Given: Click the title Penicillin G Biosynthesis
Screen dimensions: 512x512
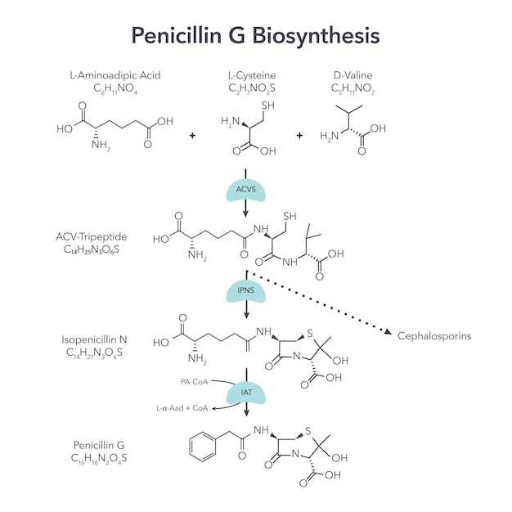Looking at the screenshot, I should [255, 36].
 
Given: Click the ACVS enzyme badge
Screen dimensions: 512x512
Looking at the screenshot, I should [245, 189].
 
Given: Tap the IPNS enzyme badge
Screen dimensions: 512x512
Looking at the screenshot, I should [245, 292].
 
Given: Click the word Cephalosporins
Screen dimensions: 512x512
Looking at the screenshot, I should [433, 336].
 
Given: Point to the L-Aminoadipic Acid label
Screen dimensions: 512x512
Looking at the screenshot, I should [115, 75].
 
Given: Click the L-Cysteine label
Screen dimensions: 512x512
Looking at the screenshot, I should [252, 75].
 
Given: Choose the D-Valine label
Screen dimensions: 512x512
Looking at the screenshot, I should [353, 75].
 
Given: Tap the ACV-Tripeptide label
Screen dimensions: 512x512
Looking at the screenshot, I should [90, 236].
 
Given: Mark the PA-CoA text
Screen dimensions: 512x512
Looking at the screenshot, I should [195, 381].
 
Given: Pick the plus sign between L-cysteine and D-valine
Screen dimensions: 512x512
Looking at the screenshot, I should [299, 134].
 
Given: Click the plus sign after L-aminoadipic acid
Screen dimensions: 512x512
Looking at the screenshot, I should [192, 134].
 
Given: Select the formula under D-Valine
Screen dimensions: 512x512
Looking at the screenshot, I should [353, 88].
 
